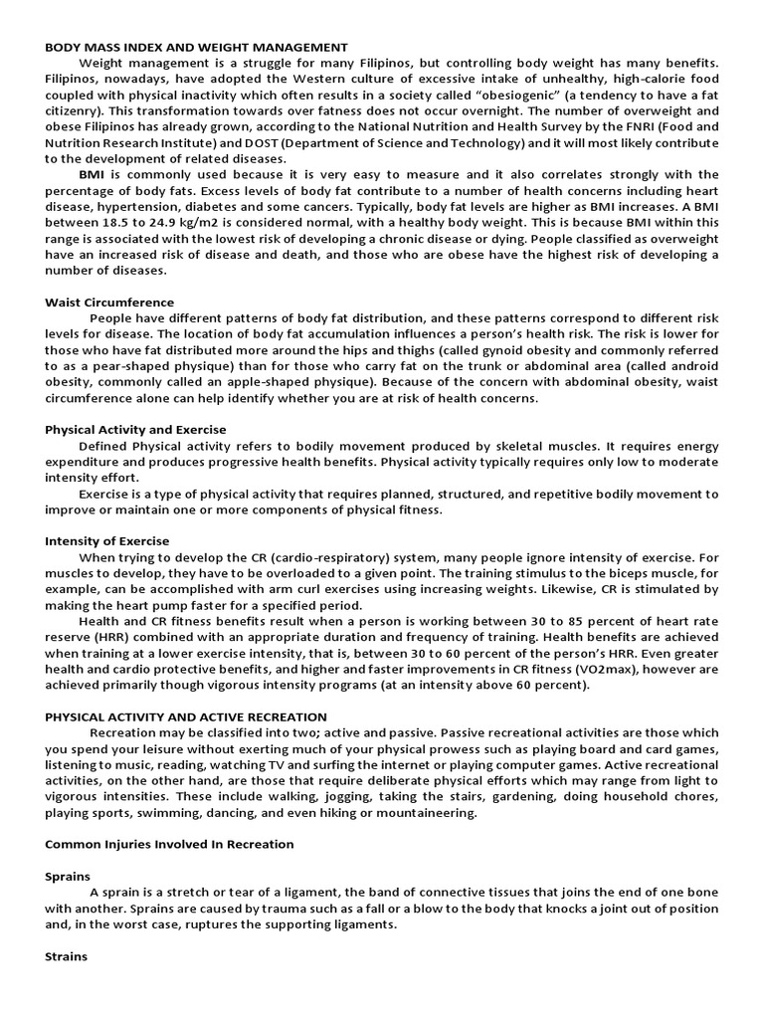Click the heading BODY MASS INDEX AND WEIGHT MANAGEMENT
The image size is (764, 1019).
pos(196,47)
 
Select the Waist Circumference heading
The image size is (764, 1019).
pos(109,302)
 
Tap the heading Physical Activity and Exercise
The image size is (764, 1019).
pos(135,429)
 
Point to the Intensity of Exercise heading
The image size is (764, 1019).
pos(107,540)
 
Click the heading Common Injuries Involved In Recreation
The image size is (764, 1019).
pos(169,844)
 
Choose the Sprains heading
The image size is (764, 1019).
pos(68,876)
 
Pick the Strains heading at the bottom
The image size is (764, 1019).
pos(67,956)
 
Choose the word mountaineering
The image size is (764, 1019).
pos(425,812)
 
